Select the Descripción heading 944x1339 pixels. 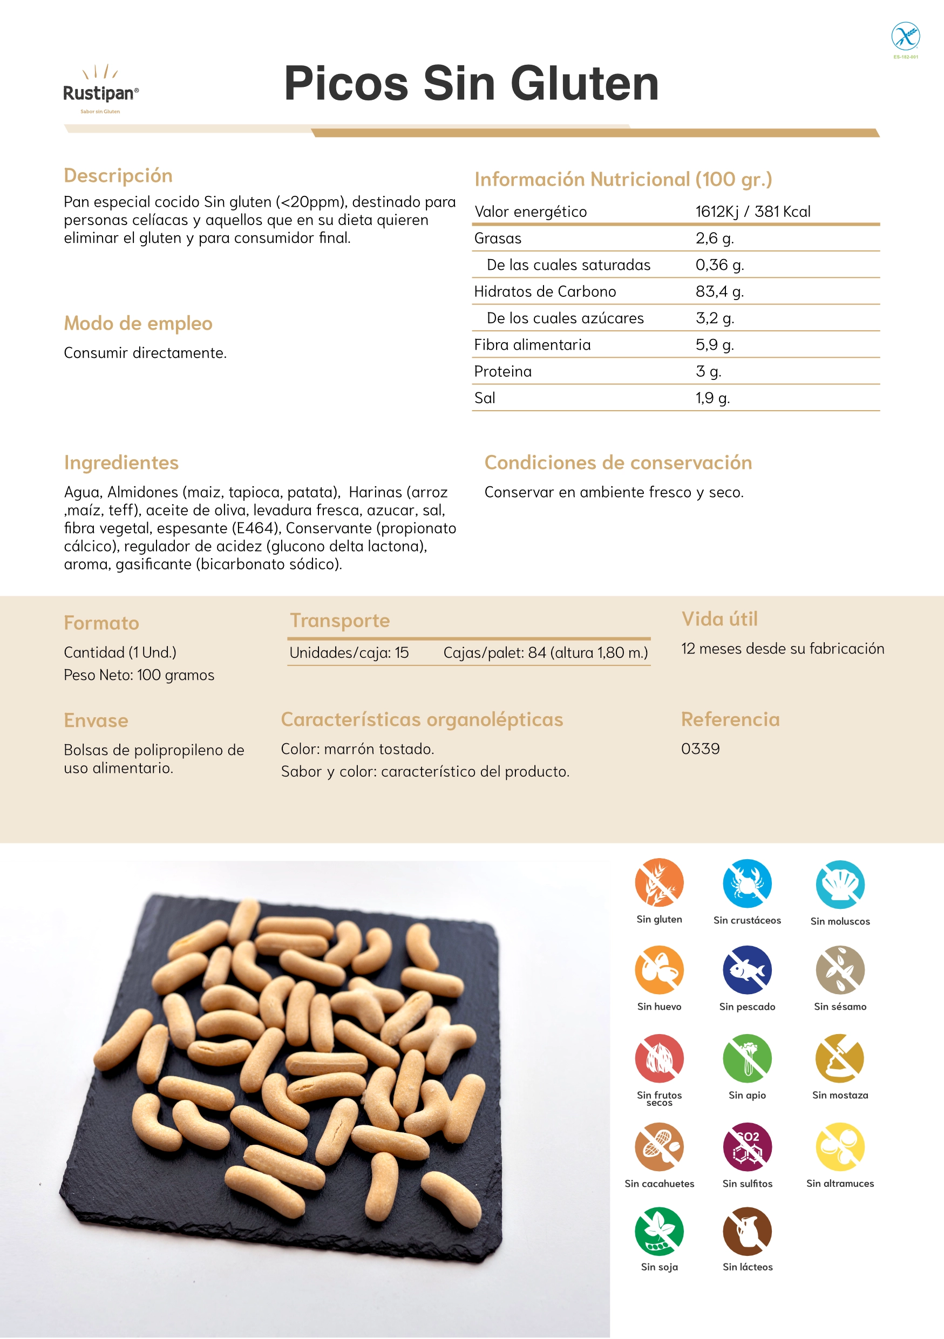(118, 175)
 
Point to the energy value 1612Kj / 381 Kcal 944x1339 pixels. (752, 212)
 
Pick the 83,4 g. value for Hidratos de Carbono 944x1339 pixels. (719, 291)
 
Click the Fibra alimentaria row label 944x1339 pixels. (532, 345)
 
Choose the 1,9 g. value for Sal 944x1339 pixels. (712, 398)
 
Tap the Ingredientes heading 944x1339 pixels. (121, 463)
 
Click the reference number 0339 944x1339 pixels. (699, 749)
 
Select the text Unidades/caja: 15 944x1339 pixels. (349, 652)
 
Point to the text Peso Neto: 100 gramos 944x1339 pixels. (139, 675)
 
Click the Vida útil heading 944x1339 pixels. (719, 618)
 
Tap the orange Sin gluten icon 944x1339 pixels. (659, 882)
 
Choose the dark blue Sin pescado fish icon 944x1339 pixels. (747, 970)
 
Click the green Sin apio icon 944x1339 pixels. (747, 1058)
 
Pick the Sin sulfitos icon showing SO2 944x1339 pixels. (747, 1146)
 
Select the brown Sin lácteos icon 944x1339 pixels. (747, 1231)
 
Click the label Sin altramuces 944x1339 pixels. (840, 1183)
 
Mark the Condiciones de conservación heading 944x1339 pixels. (618, 463)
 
